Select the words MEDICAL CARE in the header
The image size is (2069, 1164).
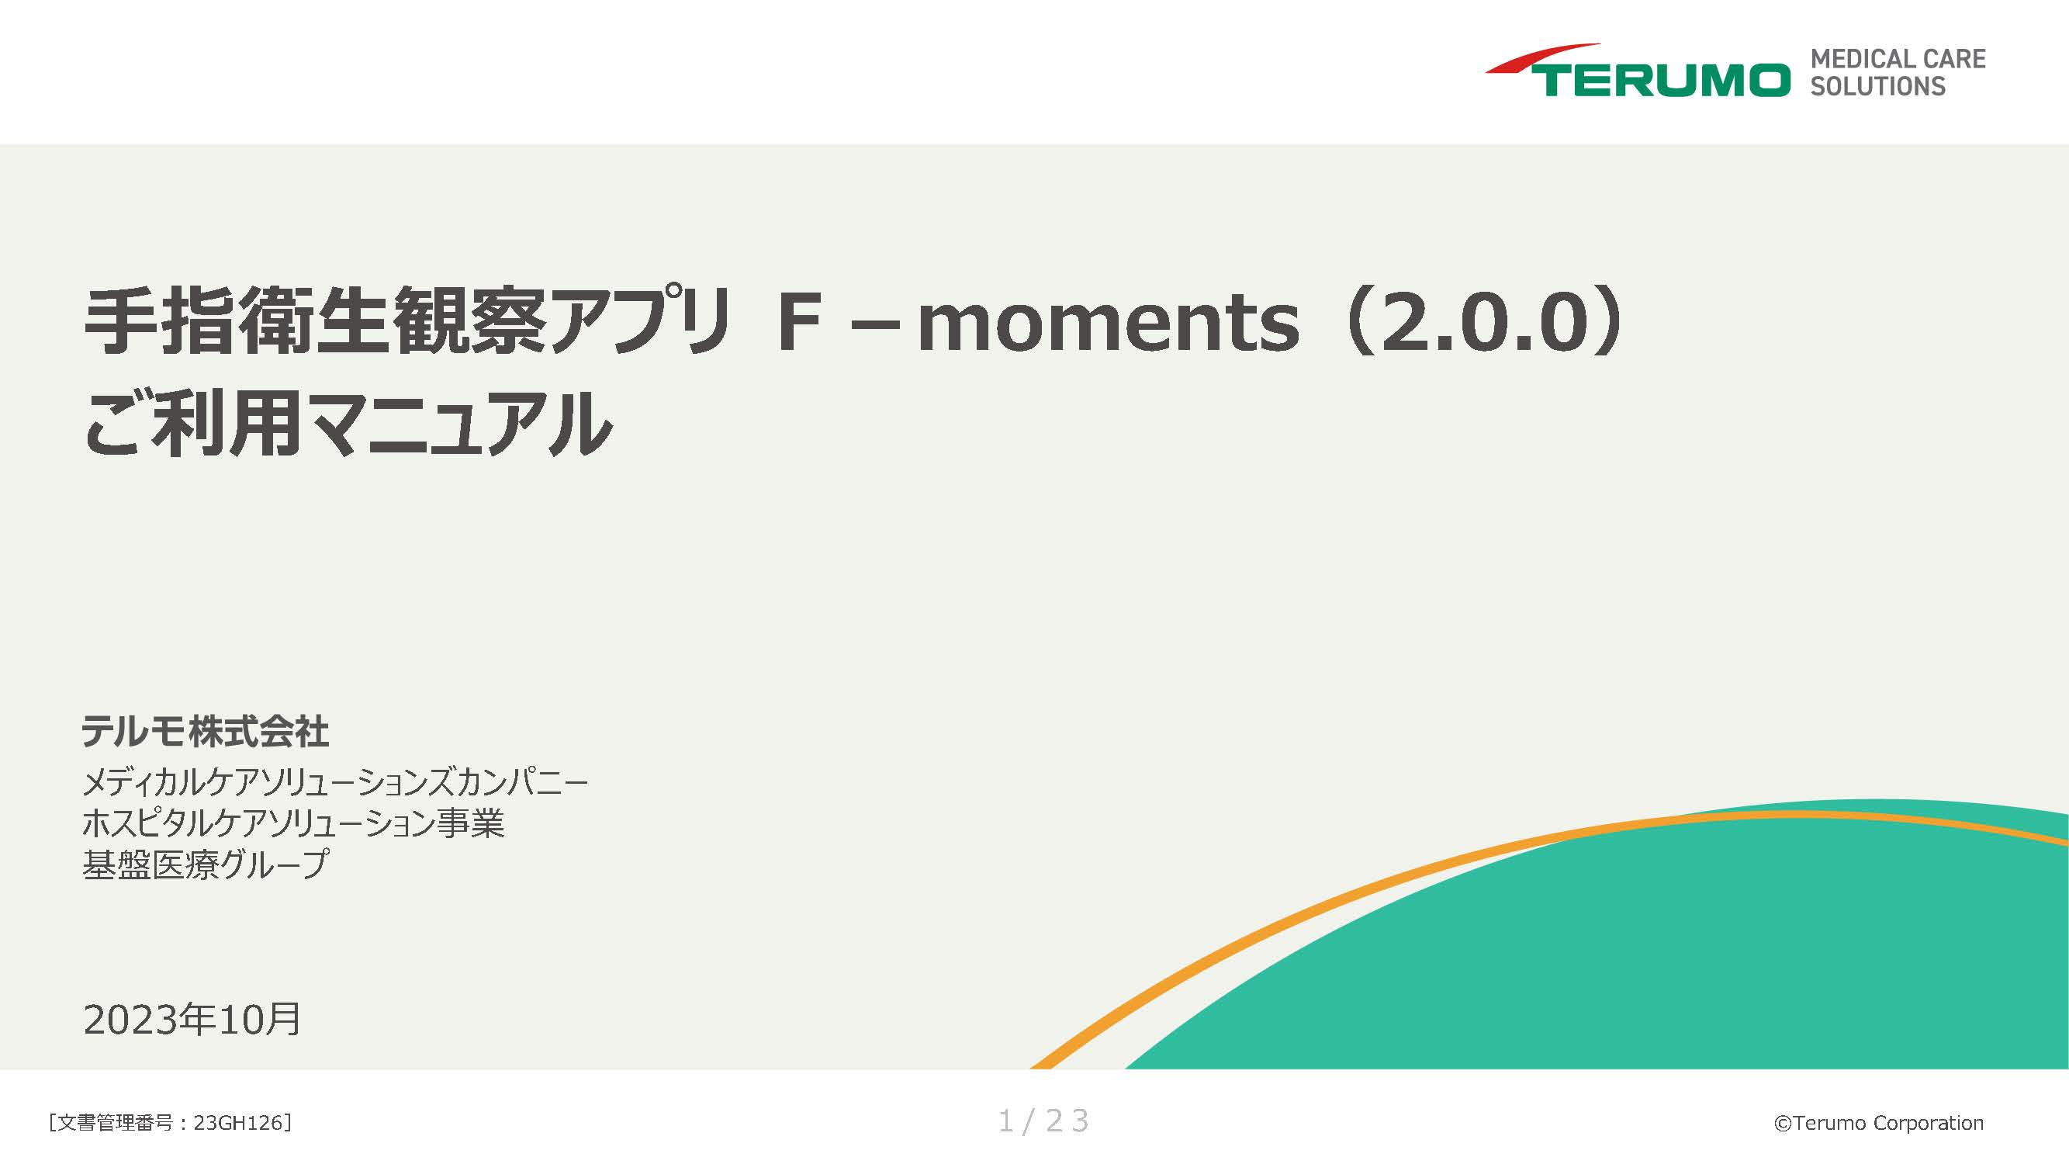(x=1897, y=60)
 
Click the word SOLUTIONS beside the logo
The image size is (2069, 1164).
(x=1877, y=87)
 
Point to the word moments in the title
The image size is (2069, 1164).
(x=1108, y=323)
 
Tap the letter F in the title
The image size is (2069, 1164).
(x=799, y=323)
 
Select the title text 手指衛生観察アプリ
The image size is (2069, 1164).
(x=406, y=321)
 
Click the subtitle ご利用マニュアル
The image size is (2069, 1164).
(x=348, y=424)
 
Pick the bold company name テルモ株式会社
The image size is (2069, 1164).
(x=205, y=732)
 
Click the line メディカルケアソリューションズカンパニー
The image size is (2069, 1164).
(x=335, y=781)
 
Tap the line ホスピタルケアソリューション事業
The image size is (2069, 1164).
(x=293, y=823)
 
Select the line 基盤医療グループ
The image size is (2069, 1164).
(x=206, y=865)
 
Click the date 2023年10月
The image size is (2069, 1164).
(x=192, y=1020)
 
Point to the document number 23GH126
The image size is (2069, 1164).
(x=238, y=1123)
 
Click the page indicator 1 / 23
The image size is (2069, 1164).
(x=1043, y=1121)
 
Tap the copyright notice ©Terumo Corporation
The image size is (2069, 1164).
(x=1878, y=1123)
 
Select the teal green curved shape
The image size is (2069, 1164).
(x=1687, y=964)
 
